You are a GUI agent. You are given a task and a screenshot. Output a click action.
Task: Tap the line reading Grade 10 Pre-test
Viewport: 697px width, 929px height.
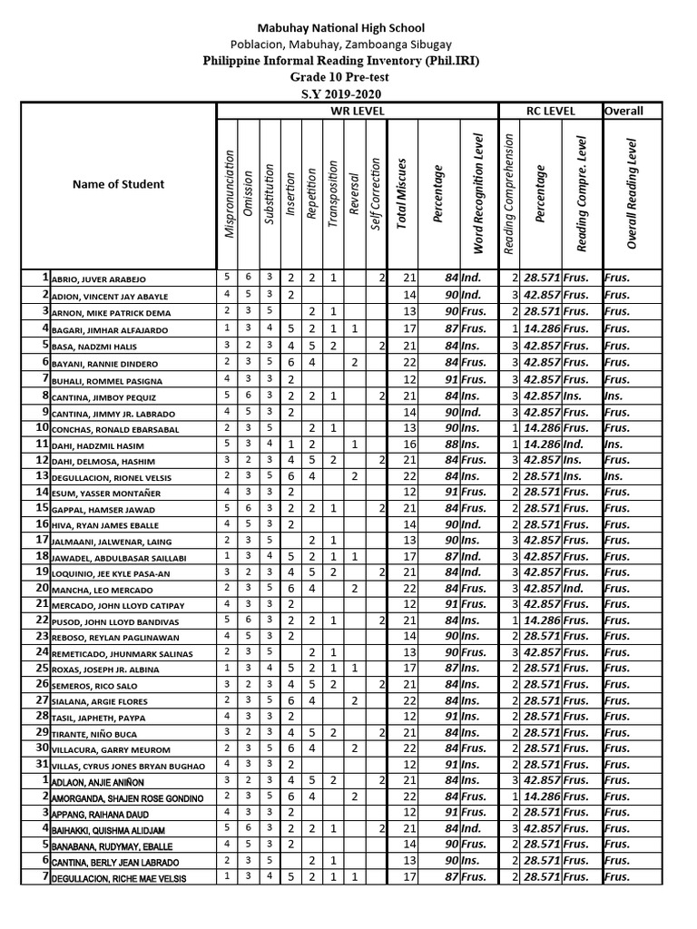click(349, 77)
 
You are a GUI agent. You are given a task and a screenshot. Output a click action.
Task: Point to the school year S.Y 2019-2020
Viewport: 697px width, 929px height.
click(349, 93)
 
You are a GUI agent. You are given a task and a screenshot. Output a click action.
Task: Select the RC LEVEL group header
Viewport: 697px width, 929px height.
click(551, 112)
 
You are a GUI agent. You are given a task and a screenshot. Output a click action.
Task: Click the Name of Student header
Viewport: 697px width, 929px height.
click(118, 184)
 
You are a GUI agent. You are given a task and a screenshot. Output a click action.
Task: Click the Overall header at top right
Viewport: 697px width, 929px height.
click(623, 112)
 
